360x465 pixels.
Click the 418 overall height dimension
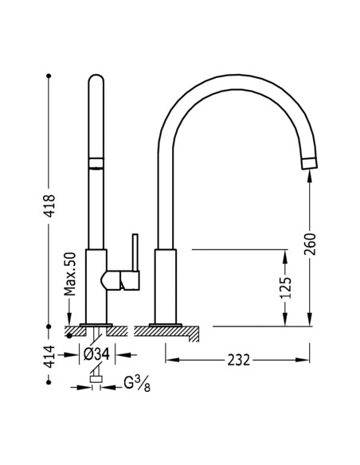(49, 209)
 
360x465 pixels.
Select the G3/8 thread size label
(134, 386)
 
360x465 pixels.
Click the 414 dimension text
(49, 356)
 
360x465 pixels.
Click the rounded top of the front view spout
(96, 81)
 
